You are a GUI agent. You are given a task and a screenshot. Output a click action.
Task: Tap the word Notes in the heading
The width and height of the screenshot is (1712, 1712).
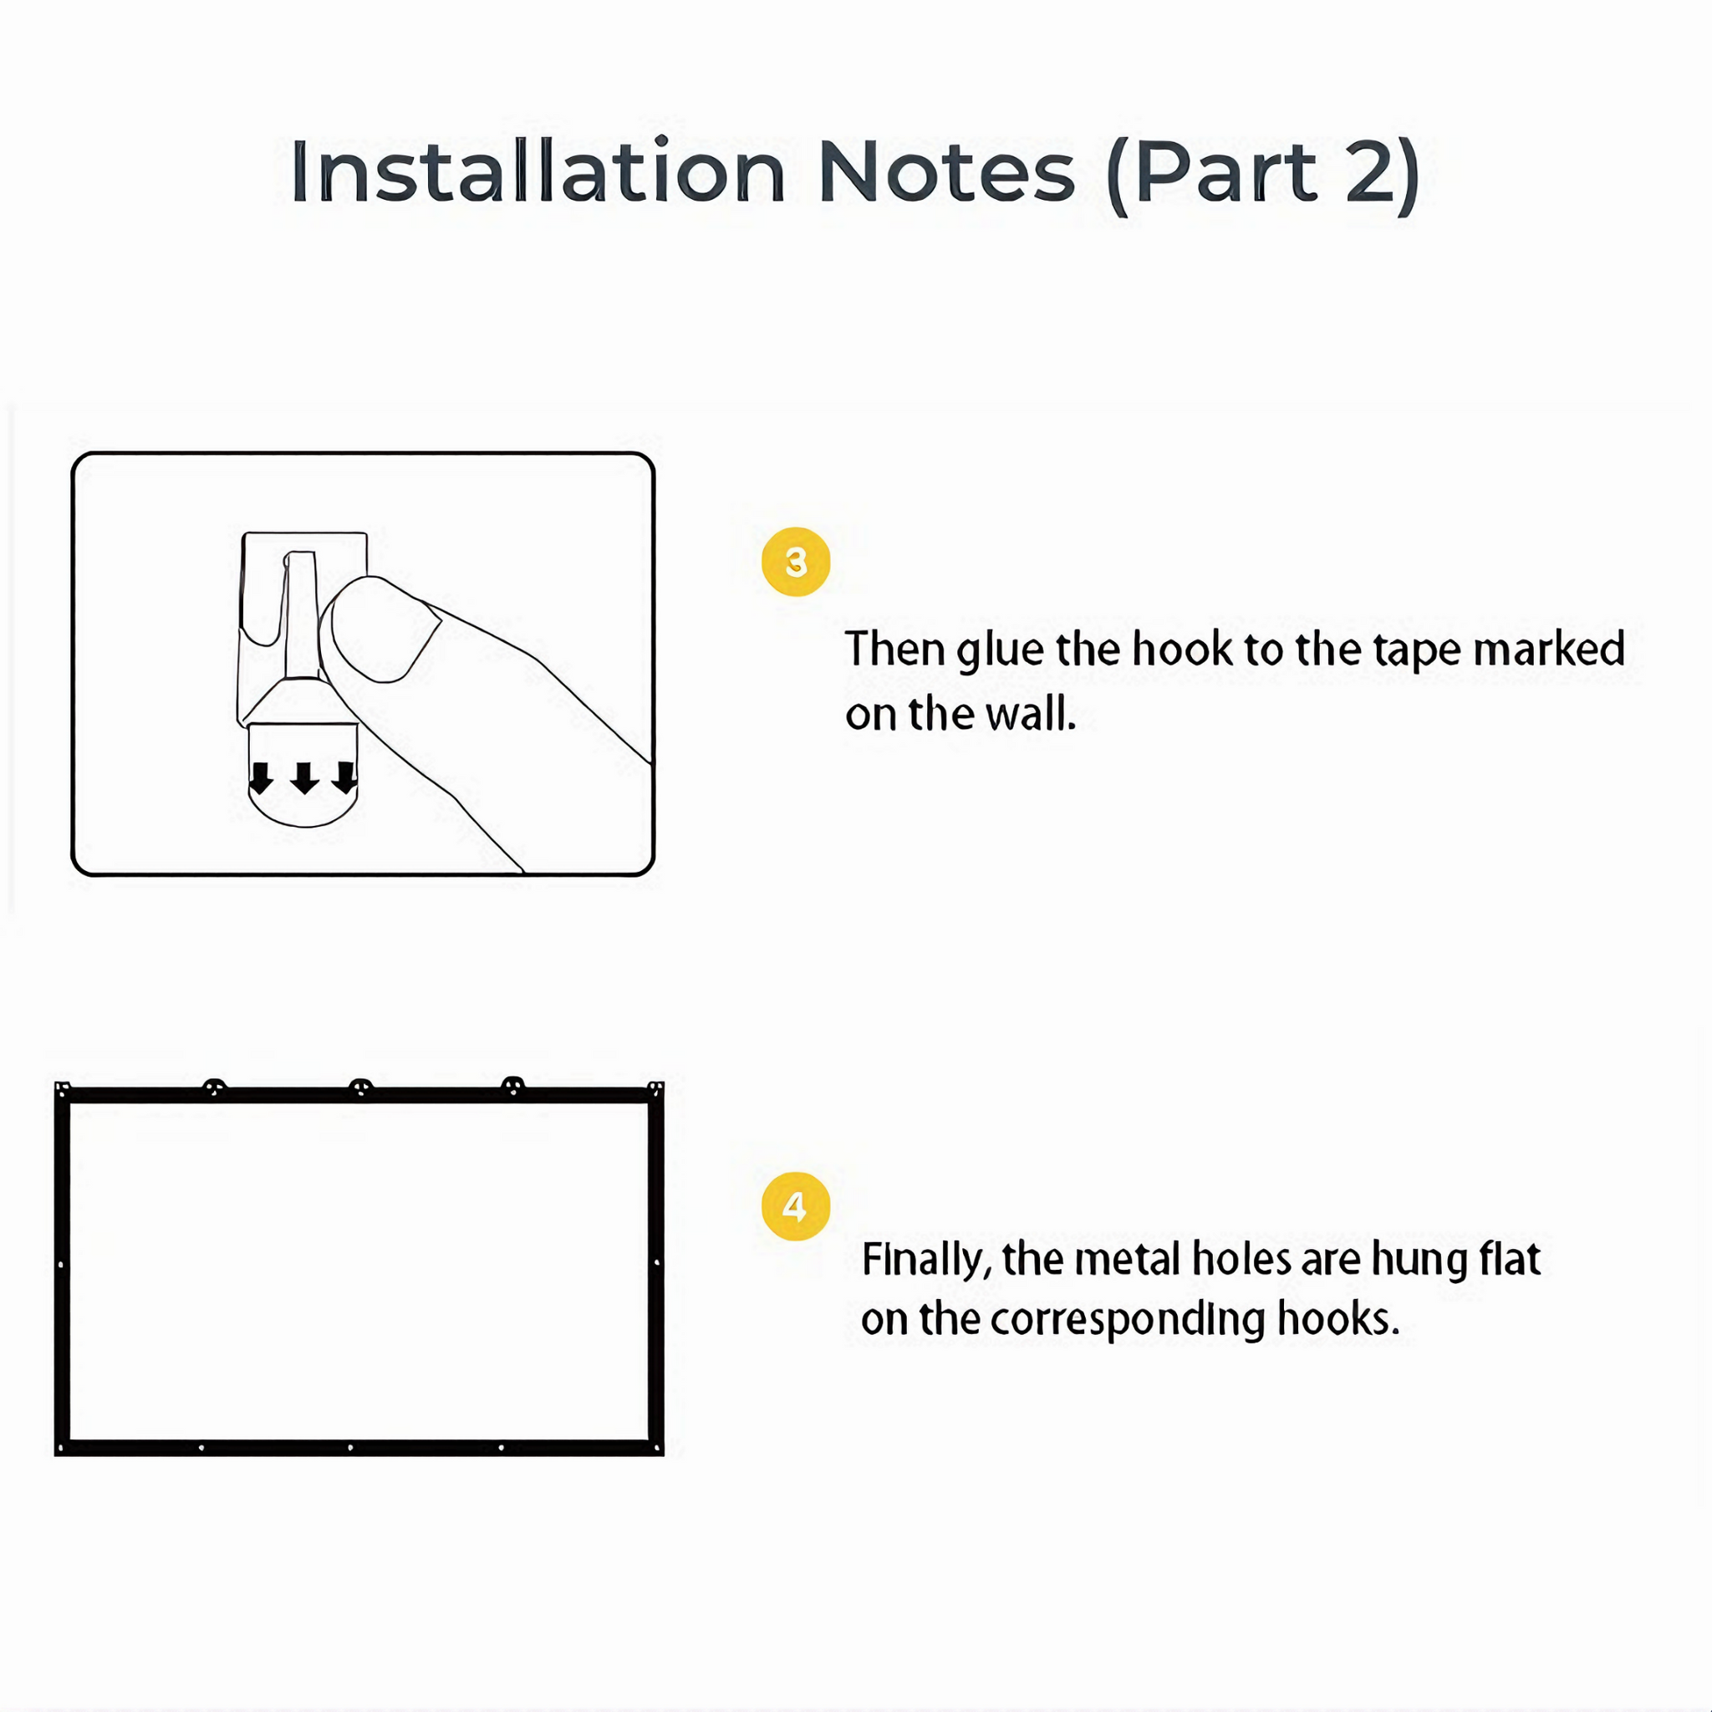tap(946, 172)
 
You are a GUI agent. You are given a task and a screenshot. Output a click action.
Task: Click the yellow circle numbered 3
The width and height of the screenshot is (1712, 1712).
tap(796, 562)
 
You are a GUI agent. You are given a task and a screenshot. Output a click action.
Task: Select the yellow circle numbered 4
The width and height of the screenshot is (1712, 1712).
tap(796, 1206)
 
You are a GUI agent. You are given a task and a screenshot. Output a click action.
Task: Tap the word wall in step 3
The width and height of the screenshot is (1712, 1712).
tap(1031, 714)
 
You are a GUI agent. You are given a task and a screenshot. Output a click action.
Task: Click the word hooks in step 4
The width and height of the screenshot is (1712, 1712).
tap(1338, 1318)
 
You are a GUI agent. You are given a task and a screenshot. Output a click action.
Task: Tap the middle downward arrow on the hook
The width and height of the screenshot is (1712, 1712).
tap(304, 777)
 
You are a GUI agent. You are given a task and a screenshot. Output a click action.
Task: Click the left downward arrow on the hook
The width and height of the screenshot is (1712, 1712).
tap(261, 777)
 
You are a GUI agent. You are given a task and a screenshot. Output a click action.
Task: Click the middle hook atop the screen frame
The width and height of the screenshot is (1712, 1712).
tap(360, 1088)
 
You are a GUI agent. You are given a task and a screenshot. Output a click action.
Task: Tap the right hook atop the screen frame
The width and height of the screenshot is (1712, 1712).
tap(513, 1086)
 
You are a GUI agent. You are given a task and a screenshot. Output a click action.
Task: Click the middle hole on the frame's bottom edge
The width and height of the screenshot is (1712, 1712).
tap(351, 1448)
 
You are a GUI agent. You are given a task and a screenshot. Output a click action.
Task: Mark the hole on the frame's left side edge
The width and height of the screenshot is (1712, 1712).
tap(61, 1265)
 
